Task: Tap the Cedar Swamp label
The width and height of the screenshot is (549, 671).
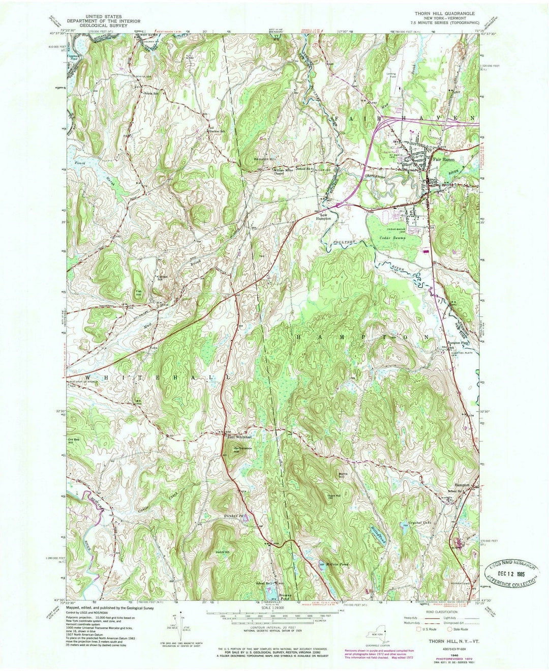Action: tap(390, 237)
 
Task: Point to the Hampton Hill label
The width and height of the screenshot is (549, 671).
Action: tap(264, 159)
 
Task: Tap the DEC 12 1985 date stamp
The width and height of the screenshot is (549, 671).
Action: tap(511, 573)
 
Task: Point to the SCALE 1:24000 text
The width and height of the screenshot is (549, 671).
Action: tap(273, 608)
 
